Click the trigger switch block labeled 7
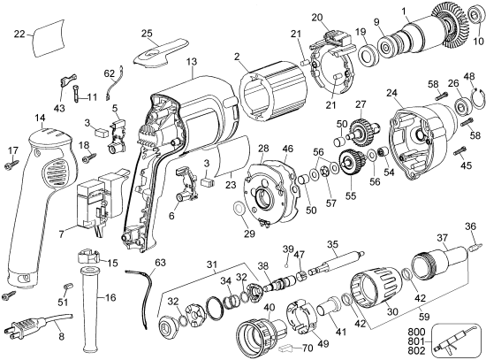tap(100, 203)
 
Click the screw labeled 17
tap(12, 164)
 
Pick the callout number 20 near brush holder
tap(319, 18)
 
